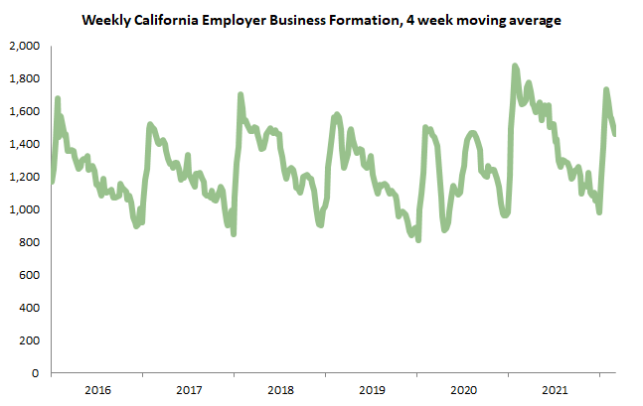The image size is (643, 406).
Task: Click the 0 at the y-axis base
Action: point(35,373)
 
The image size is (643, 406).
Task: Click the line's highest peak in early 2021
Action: point(515,67)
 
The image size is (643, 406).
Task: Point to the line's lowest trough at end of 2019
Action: point(418,238)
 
